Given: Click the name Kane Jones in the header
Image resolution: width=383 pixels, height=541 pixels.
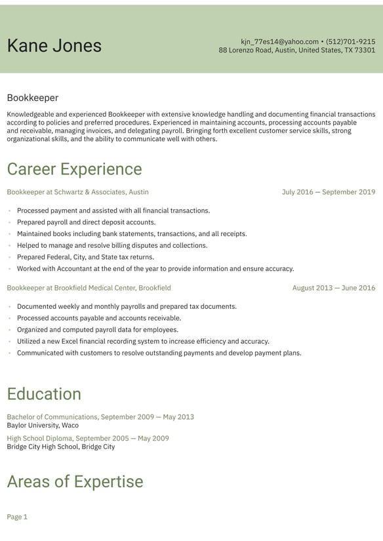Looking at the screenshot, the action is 54,45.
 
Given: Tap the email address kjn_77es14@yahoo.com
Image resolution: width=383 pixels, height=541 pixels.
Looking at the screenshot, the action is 279,41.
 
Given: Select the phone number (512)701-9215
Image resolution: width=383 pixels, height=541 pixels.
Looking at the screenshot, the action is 350,41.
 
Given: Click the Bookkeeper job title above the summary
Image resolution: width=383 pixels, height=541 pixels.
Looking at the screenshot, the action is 33,98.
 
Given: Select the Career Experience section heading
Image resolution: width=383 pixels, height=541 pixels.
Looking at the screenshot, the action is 74,169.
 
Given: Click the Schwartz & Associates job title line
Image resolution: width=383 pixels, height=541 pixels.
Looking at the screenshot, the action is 77,192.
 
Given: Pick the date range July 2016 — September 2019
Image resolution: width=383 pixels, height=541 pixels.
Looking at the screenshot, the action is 329,192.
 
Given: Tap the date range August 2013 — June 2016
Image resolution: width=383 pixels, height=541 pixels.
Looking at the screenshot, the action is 334,288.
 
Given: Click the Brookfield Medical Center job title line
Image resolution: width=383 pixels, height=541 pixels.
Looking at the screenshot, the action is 89,288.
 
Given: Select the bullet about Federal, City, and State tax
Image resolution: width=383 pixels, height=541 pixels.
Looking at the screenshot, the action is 85,257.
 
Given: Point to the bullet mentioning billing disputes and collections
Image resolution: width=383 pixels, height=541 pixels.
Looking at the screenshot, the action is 112,245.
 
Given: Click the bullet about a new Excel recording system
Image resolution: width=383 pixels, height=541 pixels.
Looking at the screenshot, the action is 143,342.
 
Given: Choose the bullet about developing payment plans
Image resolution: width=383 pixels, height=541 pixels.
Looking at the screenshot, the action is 159,353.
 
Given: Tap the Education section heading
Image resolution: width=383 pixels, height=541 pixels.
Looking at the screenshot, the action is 44,394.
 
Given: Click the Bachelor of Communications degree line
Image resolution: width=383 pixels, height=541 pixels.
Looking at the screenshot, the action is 100,417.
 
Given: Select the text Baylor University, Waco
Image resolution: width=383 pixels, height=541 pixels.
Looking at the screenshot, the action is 43,425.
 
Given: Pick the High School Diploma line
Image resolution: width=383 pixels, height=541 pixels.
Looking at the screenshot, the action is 88,439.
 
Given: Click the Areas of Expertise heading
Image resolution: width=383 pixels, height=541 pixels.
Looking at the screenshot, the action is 75,482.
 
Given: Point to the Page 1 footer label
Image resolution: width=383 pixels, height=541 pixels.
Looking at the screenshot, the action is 17,517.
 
